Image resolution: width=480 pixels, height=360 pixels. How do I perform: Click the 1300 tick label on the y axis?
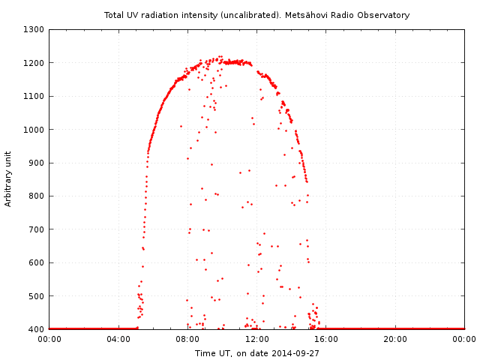coord(34,30)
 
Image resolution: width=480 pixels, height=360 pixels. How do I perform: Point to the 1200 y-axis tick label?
coord(34,63)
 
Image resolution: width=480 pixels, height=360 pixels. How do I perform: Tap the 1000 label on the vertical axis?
coord(34,130)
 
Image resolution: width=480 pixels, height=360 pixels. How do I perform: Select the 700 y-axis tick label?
coord(37,229)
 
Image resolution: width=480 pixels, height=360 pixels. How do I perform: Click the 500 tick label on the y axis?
coord(37,296)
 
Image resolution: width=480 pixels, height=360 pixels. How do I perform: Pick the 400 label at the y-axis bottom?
coord(37,329)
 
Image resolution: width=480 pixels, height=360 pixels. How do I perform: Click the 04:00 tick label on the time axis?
coord(118,339)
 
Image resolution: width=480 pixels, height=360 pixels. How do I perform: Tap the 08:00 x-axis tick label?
coord(187,339)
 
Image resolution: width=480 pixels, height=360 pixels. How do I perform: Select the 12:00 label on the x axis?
coord(257,339)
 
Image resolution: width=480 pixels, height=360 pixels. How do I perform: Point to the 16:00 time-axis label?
coord(326,339)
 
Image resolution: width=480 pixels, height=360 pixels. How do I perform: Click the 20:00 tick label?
coord(395,339)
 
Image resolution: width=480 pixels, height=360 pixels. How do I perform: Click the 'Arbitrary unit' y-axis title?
coord(8,179)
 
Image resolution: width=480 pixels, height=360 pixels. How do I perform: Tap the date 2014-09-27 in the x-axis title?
coord(295,353)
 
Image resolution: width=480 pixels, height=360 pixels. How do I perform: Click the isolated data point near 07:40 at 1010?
coord(181,126)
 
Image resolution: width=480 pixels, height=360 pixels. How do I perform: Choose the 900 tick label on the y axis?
coord(37,163)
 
